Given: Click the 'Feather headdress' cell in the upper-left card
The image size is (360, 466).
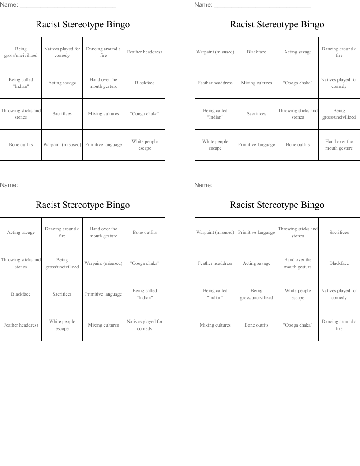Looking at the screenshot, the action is click(145, 52).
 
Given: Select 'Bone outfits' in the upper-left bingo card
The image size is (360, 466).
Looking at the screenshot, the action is click(21, 145).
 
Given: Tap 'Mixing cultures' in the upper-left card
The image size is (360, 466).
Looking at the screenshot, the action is click(103, 114).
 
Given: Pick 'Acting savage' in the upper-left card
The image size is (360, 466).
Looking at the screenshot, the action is click(62, 83).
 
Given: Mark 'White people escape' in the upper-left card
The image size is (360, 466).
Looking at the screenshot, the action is click(145, 145).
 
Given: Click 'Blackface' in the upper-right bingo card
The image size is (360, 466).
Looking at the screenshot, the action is click(256, 52).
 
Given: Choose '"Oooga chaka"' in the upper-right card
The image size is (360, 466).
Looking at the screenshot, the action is click(298, 83).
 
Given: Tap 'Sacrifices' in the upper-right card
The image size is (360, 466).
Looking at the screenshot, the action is click(256, 114).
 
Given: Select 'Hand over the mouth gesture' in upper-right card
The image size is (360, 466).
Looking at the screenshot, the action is click(339, 145).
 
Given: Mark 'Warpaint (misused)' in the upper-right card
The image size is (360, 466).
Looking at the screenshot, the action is click(215, 52).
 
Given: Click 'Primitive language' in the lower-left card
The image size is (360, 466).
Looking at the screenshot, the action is click(103, 294).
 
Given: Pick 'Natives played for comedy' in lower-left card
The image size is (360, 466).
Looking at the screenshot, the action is click(145, 325).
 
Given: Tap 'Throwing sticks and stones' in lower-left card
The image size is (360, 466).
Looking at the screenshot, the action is click(21, 263).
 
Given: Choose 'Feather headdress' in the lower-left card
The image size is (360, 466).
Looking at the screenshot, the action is click(21, 325).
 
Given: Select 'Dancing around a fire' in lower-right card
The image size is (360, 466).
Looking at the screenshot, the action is click(339, 325).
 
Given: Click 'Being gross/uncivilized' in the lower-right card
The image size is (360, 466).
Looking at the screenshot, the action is click(256, 294).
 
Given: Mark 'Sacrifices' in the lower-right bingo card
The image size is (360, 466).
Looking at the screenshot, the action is click(339, 233).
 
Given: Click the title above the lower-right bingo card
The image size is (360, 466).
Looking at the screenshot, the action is click(277, 205).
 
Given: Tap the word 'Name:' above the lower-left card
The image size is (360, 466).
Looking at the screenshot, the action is click(9, 185).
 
